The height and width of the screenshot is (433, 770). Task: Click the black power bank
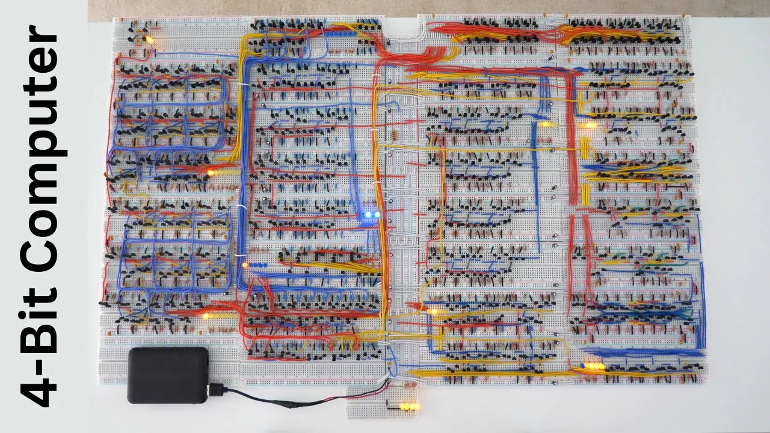[x=168, y=375]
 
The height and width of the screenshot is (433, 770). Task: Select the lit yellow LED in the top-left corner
[x=149, y=40]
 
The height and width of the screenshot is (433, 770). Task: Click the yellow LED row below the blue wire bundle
[x=594, y=366]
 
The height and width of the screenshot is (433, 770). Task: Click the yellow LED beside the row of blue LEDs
[x=245, y=265]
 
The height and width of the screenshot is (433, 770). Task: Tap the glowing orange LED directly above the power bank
[x=206, y=316]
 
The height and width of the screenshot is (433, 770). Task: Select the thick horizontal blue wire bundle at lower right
[x=644, y=353]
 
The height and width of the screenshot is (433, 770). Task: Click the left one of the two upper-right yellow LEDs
[x=545, y=125]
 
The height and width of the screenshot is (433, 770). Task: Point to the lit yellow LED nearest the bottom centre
[x=433, y=312]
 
